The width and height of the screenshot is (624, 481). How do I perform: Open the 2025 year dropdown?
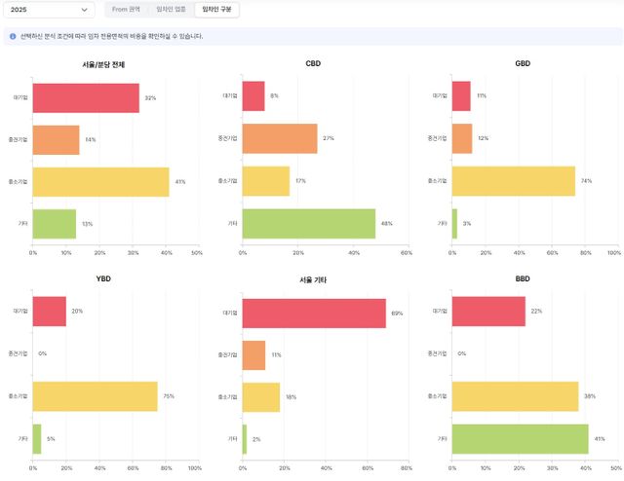[x=49, y=10]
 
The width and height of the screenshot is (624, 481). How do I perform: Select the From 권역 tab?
[x=126, y=10]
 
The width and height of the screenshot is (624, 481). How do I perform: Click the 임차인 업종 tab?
[x=171, y=10]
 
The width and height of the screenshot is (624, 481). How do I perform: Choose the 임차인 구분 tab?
[x=216, y=10]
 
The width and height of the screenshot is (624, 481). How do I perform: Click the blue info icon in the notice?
[x=13, y=36]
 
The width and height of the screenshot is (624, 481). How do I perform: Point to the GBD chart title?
[x=523, y=64]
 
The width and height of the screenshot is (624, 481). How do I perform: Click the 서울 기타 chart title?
[x=313, y=279]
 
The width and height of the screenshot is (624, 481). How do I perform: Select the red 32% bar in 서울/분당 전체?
[x=86, y=98]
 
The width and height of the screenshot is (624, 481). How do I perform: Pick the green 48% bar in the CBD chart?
[x=308, y=224]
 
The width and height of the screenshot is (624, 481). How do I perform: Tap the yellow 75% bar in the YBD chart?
[x=95, y=396]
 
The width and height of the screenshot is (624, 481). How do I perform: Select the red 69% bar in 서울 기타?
[x=314, y=313]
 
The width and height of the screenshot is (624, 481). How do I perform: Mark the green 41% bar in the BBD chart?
[x=521, y=439]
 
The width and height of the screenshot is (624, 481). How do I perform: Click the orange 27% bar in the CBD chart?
[x=280, y=138]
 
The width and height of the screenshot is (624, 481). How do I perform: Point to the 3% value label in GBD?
[x=467, y=224]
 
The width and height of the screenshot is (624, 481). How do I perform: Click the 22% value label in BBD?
[x=535, y=312]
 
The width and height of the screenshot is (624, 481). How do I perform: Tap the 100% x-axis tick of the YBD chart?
[x=194, y=468]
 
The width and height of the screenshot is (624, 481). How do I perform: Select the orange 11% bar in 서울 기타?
[x=253, y=354]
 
